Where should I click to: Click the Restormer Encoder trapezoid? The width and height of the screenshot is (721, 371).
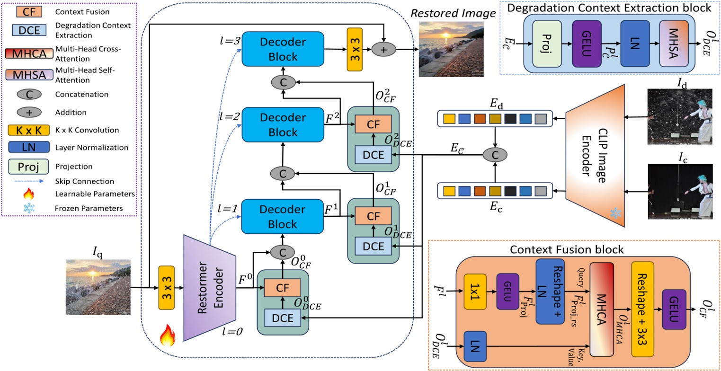(x=209, y=286)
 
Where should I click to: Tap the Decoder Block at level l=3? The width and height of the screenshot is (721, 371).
(x=283, y=49)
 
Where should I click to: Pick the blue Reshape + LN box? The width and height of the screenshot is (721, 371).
(x=550, y=291)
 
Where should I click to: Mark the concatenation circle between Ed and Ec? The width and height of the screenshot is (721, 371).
(x=495, y=154)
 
